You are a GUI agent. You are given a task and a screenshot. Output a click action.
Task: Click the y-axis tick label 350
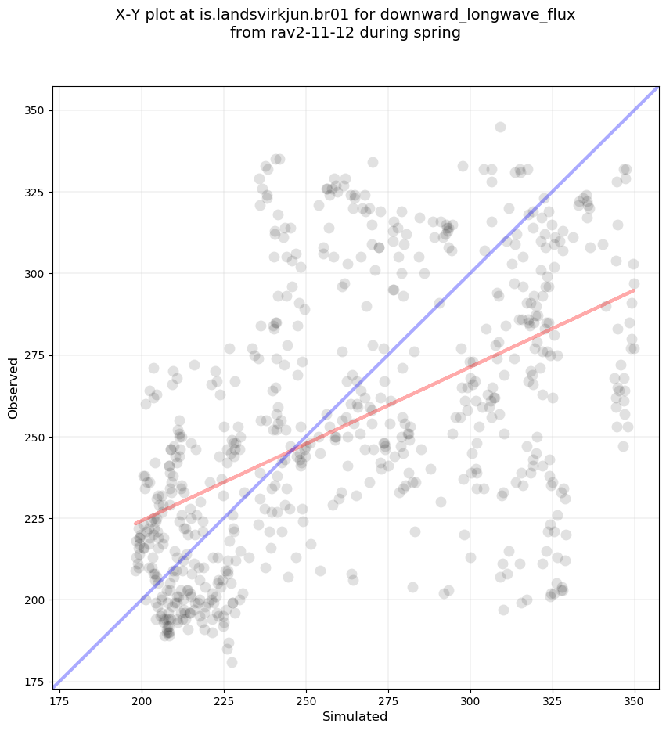tap(34, 110)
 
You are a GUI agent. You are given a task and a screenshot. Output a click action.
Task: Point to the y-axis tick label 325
tap(34, 192)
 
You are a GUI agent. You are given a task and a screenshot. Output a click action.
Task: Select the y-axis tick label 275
tap(34, 355)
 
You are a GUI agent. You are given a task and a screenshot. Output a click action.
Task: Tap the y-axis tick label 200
tap(34, 600)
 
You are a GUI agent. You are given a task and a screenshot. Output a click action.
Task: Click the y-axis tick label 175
tap(34, 682)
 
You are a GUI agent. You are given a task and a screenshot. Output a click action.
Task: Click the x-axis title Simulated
tap(355, 716)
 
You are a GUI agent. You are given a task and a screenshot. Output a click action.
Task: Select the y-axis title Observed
tap(13, 388)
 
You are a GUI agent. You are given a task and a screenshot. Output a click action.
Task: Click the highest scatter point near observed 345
tap(500, 127)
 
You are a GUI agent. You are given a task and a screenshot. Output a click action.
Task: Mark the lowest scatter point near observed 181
tap(232, 662)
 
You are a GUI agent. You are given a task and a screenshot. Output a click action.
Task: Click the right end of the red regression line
tap(634, 290)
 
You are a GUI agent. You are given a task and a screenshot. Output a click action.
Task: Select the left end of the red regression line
tap(135, 524)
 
